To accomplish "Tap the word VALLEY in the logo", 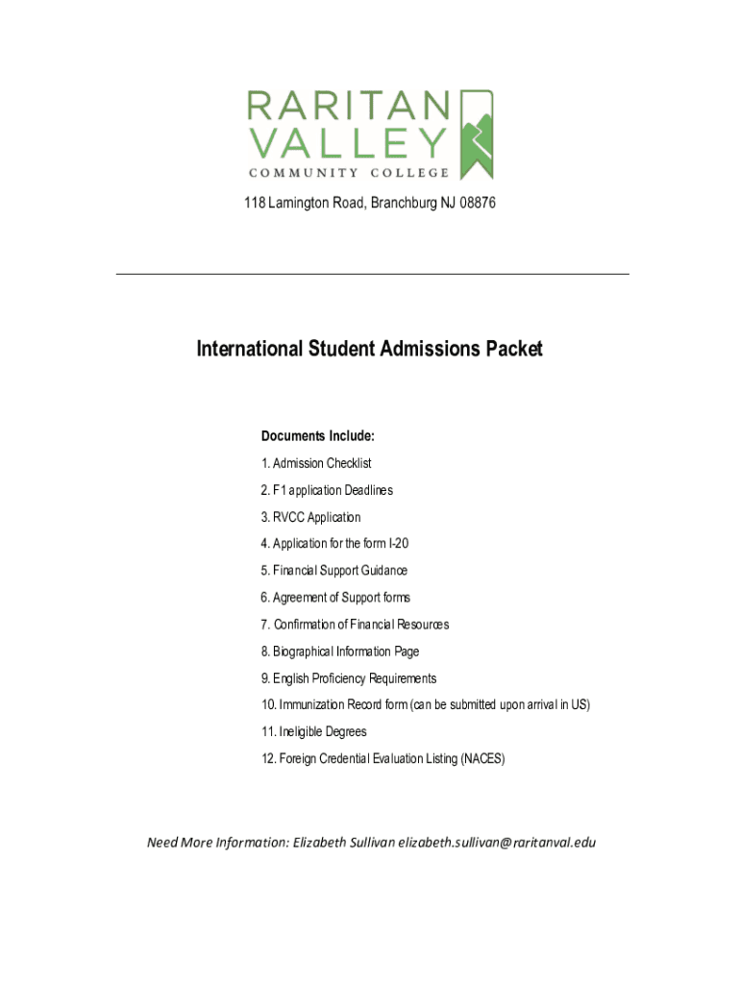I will pos(349,143).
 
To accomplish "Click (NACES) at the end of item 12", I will pos(481,759).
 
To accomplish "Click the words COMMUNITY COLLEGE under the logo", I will pos(349,173).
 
